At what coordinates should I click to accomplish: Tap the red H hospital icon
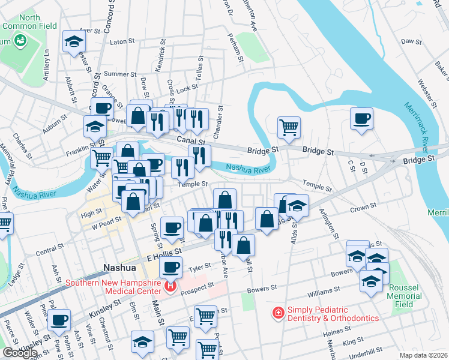tap(171, 287)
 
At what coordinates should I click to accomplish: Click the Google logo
tap(19, 353)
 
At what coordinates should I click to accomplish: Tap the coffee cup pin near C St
tap(361, 118)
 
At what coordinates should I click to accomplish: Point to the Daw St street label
tap(409, 41)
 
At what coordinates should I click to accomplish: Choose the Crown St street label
tap(363, 208)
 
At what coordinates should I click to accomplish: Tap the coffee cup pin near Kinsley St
tap(59, 320)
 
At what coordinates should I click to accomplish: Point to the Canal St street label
tap(191, 140)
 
